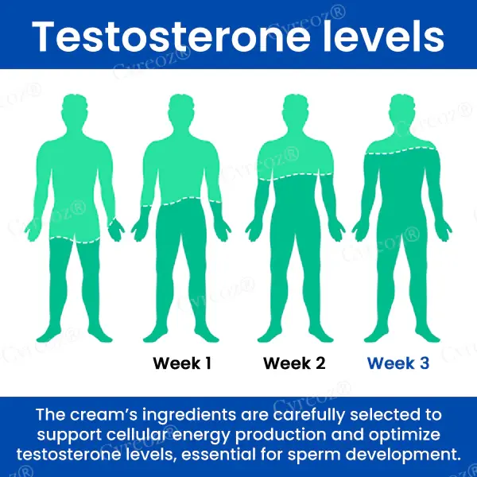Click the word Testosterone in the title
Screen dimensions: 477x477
click(171, 37)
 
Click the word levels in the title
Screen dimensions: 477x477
click(384, 37)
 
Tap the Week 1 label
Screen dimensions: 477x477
click(182, 363)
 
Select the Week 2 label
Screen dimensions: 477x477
click(294, 363)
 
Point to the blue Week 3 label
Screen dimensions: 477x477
click(398, 363)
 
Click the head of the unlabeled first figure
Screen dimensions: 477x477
click(74, 110)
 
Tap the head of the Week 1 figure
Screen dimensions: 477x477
click(181, 110)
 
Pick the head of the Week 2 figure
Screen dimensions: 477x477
click(295, 110)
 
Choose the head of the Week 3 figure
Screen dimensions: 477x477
click(402, 110)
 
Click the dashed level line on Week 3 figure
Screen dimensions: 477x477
click(401, 151)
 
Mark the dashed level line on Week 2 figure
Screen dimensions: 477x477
click(295, 176)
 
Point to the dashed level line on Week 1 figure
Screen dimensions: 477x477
click(181, 202)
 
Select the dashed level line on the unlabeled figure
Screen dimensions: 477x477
click(75, 240)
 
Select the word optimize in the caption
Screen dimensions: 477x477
click(405, 435)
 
